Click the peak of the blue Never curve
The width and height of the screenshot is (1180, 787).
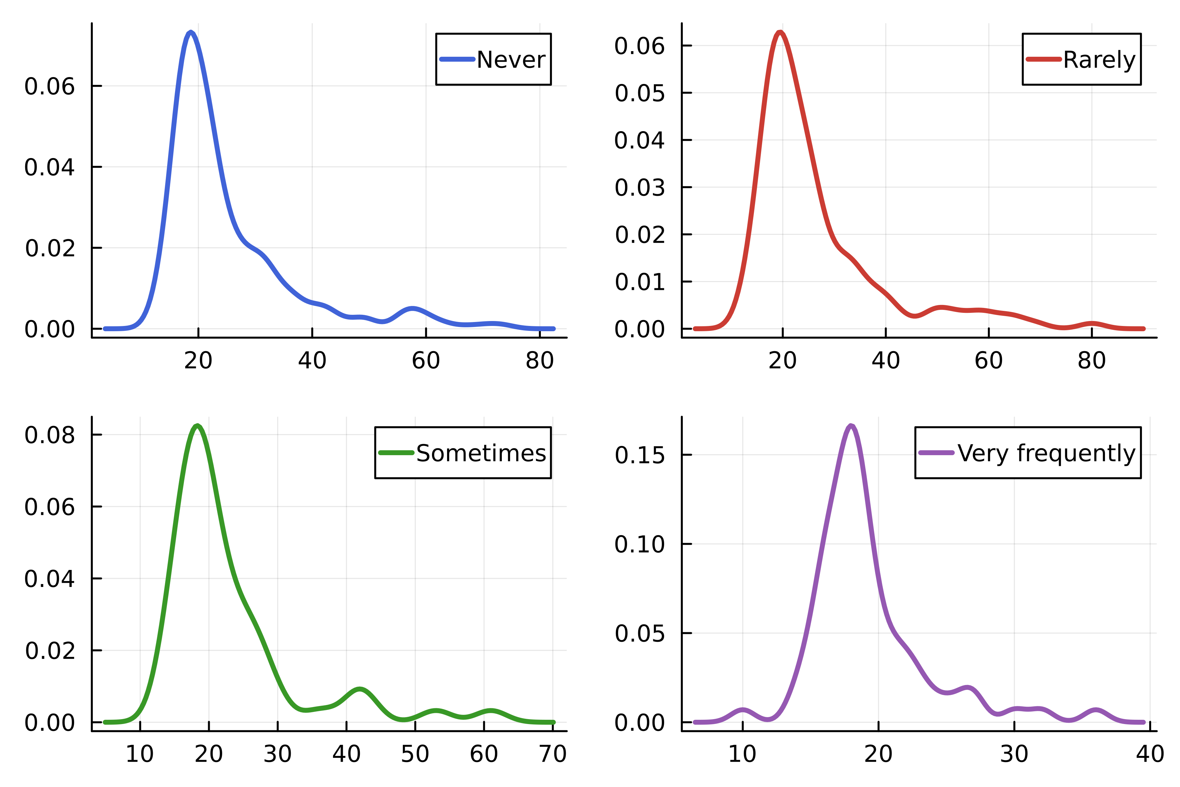point(191,32)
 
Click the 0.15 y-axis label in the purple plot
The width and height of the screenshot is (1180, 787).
point(640,455)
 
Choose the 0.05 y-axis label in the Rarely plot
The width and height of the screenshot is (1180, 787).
point(640,93)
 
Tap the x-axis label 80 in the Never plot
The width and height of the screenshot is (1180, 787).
point(540,360)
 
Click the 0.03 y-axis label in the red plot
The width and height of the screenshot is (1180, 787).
point(640,188)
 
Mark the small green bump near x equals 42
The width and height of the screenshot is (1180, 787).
point(360,689)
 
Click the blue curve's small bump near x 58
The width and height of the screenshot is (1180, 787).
point(412,308)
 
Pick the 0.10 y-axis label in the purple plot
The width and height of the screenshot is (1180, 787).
point(640,544)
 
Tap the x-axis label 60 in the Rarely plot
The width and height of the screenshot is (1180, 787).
point(988,360)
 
